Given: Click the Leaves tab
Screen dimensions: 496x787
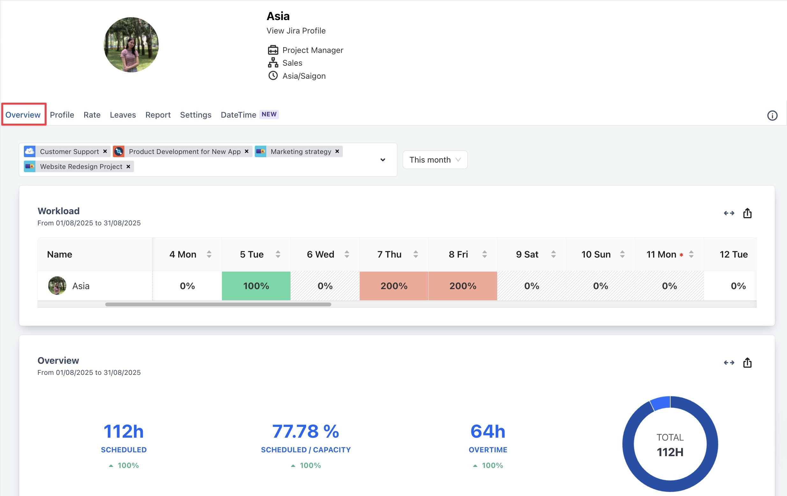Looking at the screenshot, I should [122, 115].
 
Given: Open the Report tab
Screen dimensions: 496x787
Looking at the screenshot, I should [158, 115].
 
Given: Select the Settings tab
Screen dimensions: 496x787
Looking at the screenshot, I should [195, 115].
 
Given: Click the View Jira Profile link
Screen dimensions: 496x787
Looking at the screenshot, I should [296, 31].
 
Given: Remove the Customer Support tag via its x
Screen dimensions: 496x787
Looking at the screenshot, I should [105, 151].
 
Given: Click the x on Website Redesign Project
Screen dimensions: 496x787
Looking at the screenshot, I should [128, 167].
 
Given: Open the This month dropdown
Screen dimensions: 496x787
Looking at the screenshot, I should [435, 160].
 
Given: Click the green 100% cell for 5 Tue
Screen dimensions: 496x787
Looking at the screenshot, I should [256, 286].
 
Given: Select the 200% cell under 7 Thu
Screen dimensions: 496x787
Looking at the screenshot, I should [393, 286].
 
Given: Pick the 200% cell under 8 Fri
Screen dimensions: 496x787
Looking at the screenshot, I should [462, 286].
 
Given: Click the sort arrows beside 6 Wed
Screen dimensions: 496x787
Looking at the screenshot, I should [347, 254].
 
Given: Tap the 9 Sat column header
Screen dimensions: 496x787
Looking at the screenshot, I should [527, 254].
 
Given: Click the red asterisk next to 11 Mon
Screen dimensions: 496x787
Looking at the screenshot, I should [681, 255].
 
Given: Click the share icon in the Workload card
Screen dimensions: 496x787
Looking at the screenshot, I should [747, 213].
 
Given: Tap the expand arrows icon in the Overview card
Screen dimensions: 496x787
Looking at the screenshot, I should [729, 363].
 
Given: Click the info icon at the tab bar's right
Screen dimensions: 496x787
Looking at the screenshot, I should [772, 115].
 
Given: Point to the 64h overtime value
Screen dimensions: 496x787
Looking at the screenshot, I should [488, 431].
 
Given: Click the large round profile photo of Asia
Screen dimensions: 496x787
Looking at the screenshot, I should [131, 45].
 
